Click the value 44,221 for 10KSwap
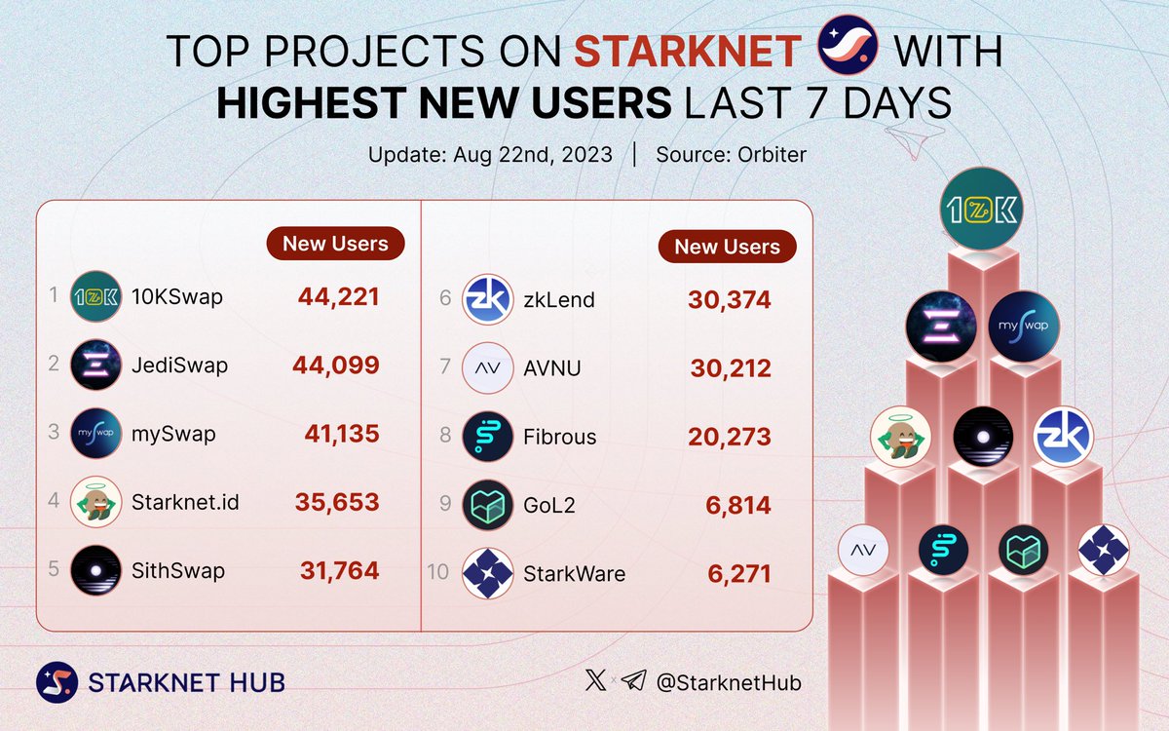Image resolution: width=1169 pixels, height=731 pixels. tap(338, 297)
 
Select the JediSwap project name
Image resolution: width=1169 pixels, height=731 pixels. tap(179, 365)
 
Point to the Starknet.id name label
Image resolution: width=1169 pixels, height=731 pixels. tap(185, 503)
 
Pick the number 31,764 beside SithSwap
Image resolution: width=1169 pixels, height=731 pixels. tap(338, 571)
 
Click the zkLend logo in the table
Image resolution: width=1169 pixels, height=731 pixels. tap(487, 299)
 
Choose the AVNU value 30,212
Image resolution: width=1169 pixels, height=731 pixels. tap(730, 368)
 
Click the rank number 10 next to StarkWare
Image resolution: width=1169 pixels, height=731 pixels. tap(438, 572)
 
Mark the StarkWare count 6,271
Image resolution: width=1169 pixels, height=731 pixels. tap(739, 574)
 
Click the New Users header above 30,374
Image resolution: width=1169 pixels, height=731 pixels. tap(728, 247)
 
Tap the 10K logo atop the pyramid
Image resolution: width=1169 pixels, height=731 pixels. tap(981, 209)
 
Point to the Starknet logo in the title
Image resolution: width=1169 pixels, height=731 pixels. tap(848, 49)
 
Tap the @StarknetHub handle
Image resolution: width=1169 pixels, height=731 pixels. tap(729, 683)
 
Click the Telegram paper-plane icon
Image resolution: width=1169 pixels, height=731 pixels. tap(633, 682)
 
